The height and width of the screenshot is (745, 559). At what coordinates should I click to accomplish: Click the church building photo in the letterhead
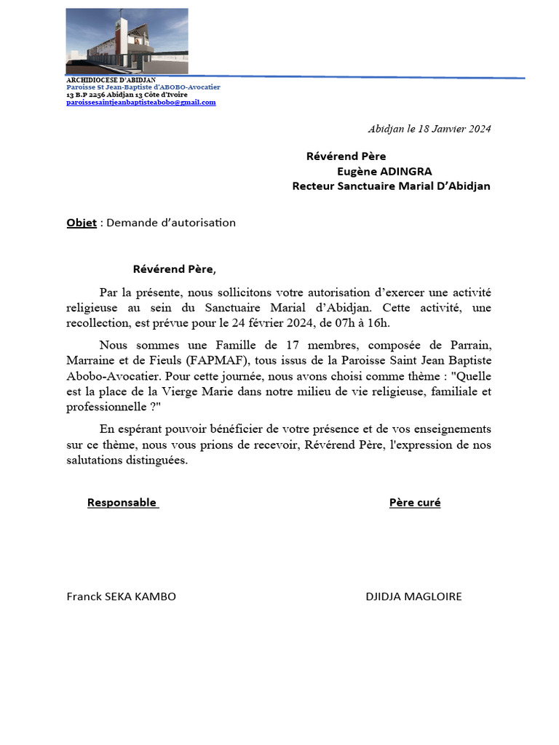(127, 41)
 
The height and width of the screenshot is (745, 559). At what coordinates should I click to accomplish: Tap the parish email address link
(141, 103)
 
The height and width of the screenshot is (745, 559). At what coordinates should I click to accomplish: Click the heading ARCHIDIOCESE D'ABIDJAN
(111, 79)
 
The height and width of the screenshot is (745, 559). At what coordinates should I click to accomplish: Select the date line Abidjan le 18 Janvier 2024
(429, 129)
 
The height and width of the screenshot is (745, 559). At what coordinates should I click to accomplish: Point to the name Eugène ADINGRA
(384, 171)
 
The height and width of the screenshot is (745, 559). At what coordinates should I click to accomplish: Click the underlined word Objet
(82, 223)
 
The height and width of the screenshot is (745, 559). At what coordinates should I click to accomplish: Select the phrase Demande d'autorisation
(171, 223)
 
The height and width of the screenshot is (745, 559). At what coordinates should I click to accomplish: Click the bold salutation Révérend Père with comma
(175, 269)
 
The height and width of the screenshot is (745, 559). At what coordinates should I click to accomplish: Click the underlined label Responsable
(122, 503)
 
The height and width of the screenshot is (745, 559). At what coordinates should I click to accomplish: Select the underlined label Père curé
(415, 503)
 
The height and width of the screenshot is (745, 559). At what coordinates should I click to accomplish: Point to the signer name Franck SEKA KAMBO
(122, 597)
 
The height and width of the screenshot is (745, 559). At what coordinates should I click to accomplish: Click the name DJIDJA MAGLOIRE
(413, 597)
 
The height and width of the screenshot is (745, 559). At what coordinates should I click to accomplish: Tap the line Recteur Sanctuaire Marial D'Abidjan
(391, 186)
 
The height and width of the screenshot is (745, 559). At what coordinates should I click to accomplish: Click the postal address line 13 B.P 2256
(127, 95)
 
